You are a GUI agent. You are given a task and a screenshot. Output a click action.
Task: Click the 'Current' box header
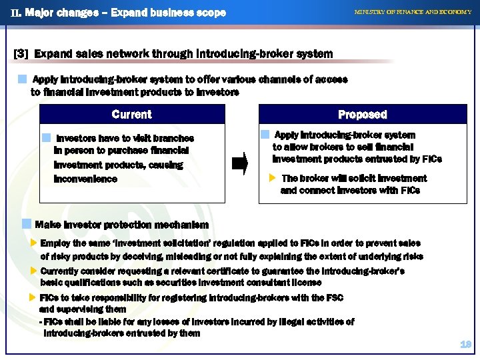pos(131,114)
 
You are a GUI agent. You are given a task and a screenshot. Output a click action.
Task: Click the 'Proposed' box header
pos(362,114)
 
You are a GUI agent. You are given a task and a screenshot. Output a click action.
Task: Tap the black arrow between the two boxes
pos(240,163)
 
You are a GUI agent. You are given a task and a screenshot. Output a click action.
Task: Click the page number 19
pos(465,344)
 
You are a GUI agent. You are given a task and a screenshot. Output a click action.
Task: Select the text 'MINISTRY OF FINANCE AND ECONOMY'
pos(413,13)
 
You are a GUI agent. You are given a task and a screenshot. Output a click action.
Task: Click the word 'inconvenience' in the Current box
pos(85,179)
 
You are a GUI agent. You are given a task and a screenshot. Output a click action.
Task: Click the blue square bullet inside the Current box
pos(46,138)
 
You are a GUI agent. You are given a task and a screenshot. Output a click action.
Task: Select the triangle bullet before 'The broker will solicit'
pos(271,178)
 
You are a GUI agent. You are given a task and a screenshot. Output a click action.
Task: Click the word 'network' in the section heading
pos(110,53)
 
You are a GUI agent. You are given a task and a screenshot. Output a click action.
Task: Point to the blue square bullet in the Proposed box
pos(265,135)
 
